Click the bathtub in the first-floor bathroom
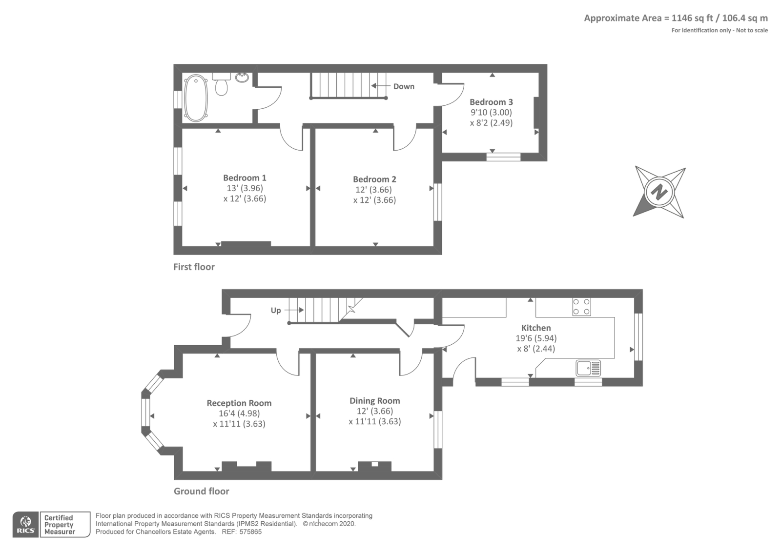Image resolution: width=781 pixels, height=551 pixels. pos(196,98)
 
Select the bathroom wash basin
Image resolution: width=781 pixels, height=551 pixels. pos(242,78)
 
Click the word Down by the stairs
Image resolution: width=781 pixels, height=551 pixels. pos(404,86)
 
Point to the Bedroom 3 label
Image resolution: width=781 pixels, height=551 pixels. pos(491,102)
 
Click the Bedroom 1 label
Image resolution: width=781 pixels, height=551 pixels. pos(245,177)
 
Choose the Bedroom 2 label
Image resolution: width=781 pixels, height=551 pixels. pos(374,179)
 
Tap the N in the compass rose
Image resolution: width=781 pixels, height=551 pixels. pos(658,192)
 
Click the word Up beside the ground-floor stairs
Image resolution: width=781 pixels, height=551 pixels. pos(276,310)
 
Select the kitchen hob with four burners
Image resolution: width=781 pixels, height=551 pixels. pos(581,307)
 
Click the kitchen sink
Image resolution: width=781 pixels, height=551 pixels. pos(588,368)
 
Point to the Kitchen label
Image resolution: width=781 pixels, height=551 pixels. pos(536,328)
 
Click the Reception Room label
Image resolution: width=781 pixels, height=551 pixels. pos(239,403)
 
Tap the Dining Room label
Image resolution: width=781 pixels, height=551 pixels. pos(374,401)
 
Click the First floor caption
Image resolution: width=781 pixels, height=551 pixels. pos(194,267)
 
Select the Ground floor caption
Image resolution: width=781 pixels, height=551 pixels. pos(202,491)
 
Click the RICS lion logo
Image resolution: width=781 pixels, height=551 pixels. pos(26,525)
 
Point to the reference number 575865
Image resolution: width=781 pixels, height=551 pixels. pos(250,532)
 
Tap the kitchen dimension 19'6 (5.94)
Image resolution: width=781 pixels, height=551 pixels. pos(536,338)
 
